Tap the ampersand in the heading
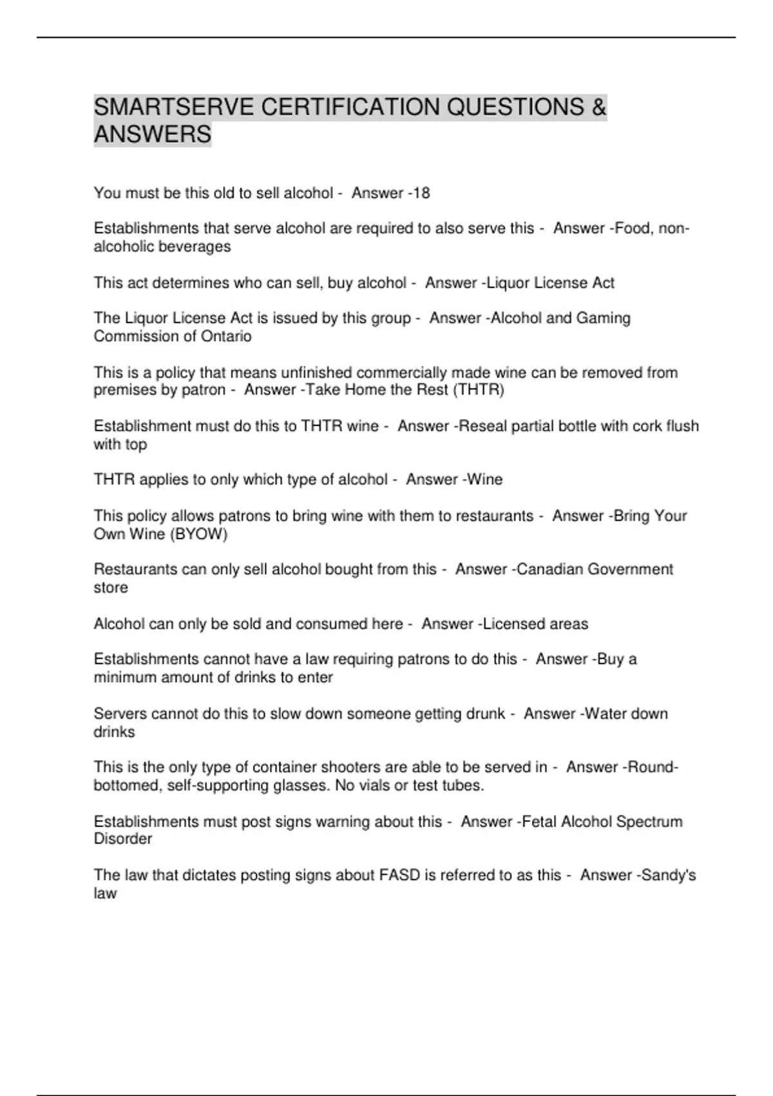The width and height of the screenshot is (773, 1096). [x=598, y=107]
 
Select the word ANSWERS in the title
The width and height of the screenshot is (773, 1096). [x=153, y=135]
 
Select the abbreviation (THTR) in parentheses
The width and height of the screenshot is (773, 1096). [x=479, y=390]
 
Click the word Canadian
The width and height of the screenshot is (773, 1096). [x=550, y=569]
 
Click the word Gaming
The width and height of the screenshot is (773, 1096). [x=603, y=318]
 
